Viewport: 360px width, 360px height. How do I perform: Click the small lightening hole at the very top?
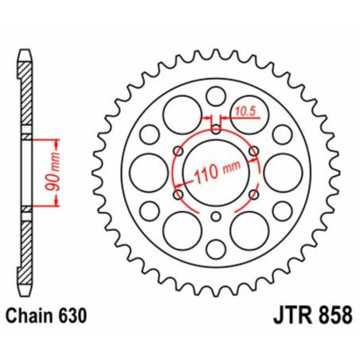[x=215, y=97]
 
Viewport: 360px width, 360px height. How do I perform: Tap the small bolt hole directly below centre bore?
[x=216, y=217]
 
